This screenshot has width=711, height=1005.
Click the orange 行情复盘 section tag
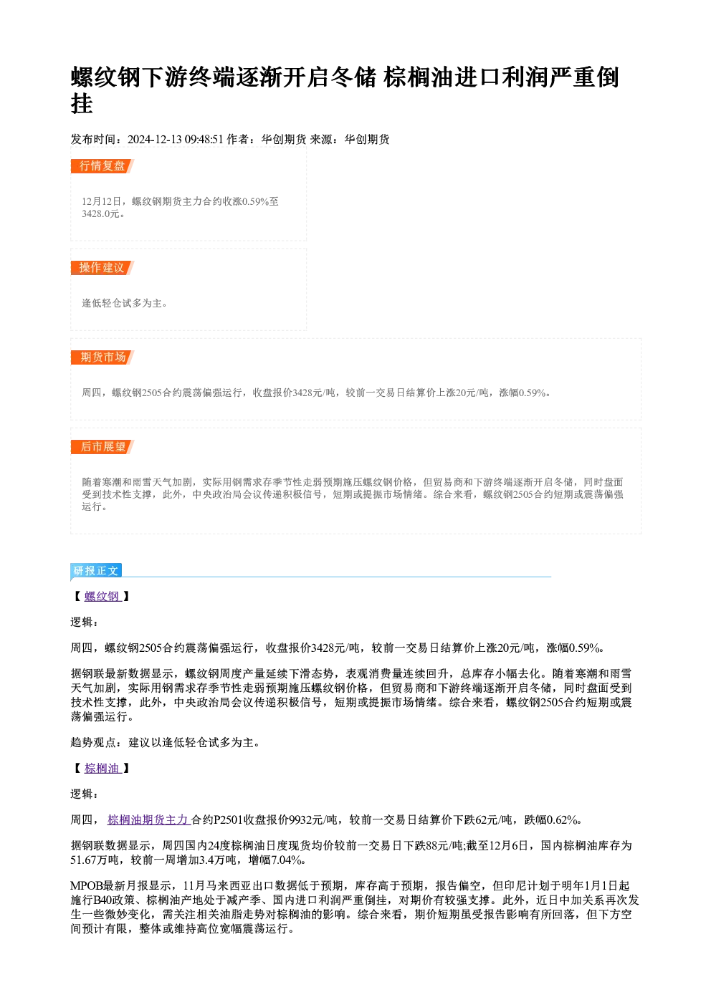coord(102,166)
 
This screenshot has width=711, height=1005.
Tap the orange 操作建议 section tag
coord(102,268)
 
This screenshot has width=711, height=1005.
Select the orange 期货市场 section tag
coord(102,357)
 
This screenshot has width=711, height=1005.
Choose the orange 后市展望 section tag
coord(102,447)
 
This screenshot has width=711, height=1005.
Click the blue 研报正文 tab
coord(96,570)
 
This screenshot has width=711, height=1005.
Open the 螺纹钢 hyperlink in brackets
coord(102,596)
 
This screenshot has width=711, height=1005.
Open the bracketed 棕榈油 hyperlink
coord(102,768)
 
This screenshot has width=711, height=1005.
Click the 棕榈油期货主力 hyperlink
coord(149,819)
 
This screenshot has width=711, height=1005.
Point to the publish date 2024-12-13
coord(154,140)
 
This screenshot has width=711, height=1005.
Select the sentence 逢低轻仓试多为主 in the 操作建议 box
coord(122,304)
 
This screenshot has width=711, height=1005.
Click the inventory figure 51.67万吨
coord(95,860)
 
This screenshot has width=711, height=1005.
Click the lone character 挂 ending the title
coord(82,104)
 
